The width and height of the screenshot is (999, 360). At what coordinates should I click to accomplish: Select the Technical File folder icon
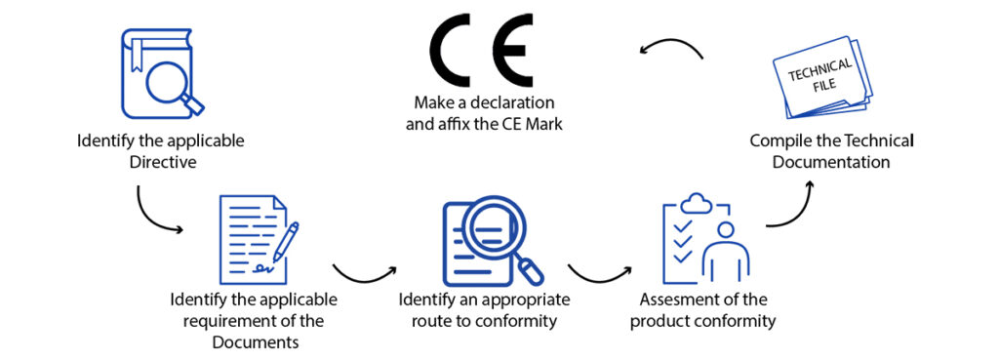pos(820,84)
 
